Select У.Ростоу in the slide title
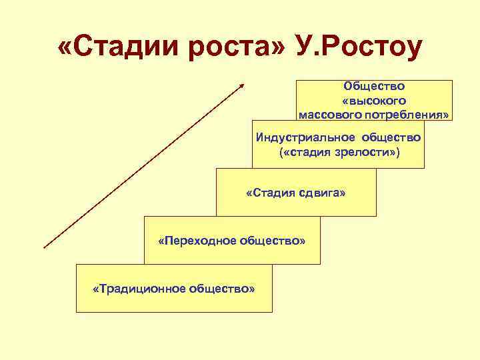(354, 47)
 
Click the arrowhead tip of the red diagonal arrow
(244, 84)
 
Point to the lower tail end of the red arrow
(45, 247)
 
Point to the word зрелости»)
(367, 153)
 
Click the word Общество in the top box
(374, 86)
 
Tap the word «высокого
(374, 100)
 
